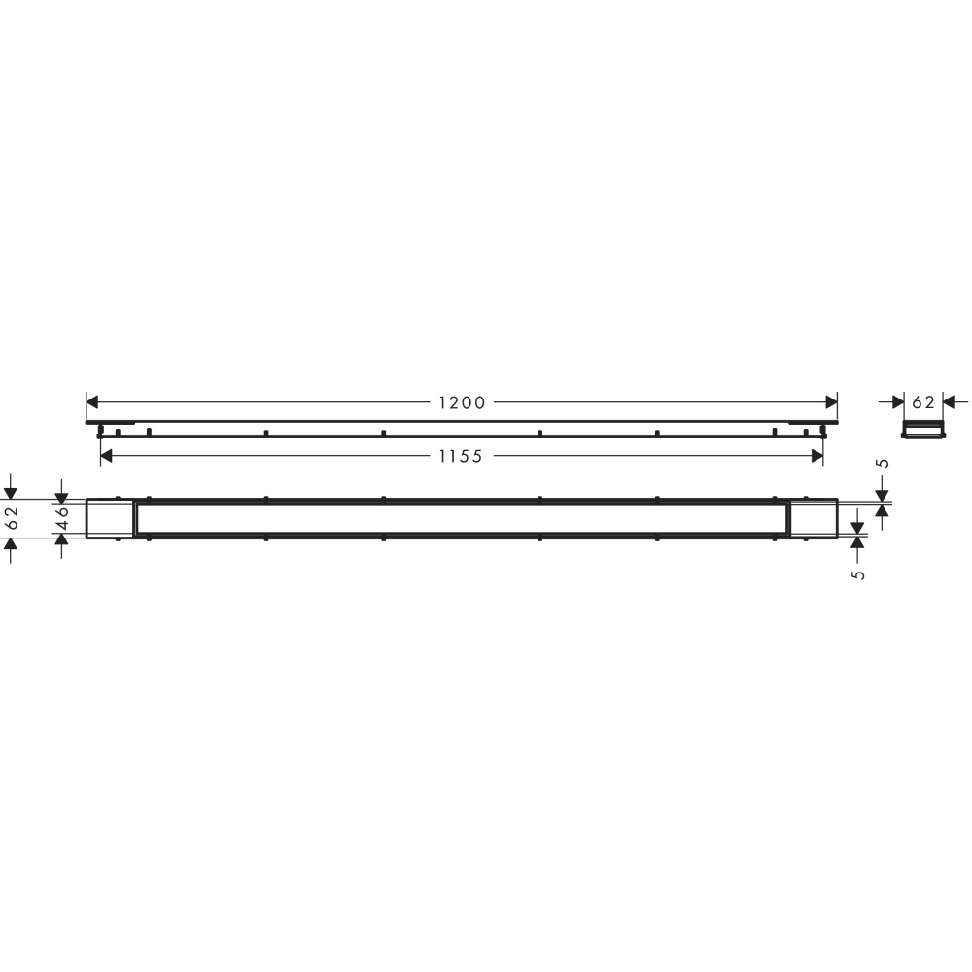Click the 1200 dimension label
pyautogui.click(x=462, y=403)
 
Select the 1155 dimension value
pyautogui.click(x=461, y=456)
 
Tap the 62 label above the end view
pyautogui.click(x=923, y=403)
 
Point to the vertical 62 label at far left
pyautogui.click(x=11, y=518)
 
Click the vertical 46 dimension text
pyautogui.click(x=62, y=518)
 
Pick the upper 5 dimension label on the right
pyautogui.click(x=885, y=463)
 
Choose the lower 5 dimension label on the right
pyautogui.click(x=858, y=574)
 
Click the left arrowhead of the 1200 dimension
pyautogui.click(x=92, y=402)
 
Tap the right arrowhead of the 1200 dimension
pyautogui.click(x=831, y=402)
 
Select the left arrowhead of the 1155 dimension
pyautogui.click(x=106, y=456)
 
